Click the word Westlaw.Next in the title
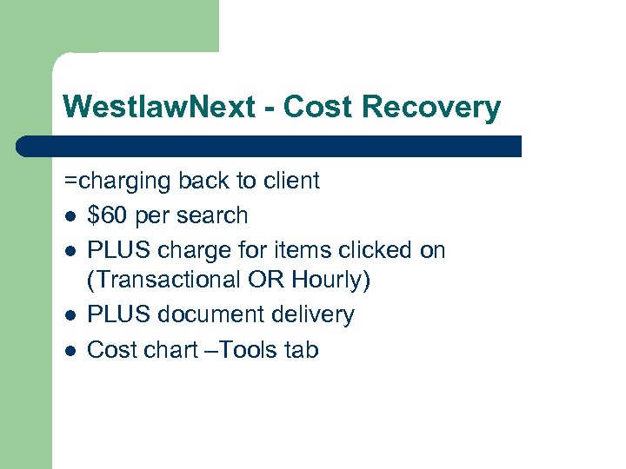click(158, 108)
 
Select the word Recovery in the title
click(432, 108)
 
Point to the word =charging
click(117, 181)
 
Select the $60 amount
click(106, 215)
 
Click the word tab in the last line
click(301, 350)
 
